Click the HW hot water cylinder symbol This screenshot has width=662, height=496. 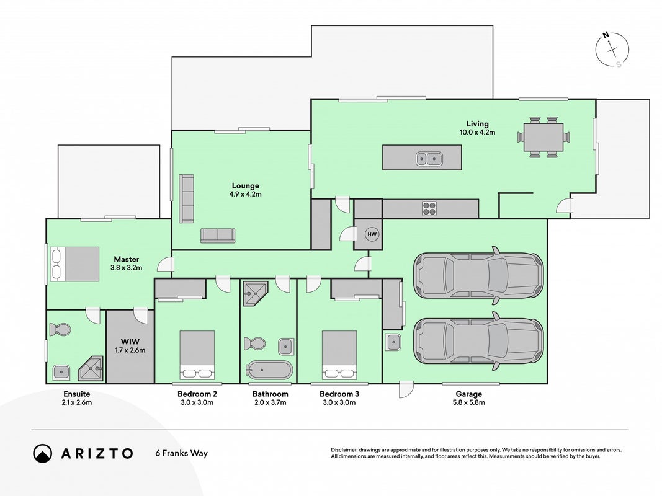(372, 234)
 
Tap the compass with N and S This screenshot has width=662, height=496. (612, 50)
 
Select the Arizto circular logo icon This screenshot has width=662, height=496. (43, 453)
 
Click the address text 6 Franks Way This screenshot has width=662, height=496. (182, 453)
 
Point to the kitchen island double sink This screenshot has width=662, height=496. (429, 159)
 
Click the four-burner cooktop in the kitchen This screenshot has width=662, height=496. (429, 208)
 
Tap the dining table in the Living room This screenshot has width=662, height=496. (543, 137)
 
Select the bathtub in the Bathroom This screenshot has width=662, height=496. (269, 370)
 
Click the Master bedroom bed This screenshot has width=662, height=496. (74, 264)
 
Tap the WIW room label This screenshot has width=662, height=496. (130, 342)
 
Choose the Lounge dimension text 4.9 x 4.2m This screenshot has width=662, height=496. (245, 195)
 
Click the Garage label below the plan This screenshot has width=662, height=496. (468, 394)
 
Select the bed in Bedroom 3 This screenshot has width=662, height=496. (339, 355)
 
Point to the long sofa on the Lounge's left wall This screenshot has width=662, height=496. (186, 198)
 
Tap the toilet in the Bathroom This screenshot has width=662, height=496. (254, 343)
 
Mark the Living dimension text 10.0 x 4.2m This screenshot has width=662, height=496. (477, 133)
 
